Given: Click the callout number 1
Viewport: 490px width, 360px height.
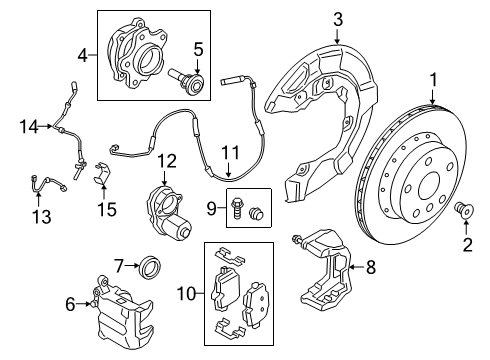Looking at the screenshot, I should pos(433,79).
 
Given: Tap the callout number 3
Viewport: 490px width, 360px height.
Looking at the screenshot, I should pos(338,18).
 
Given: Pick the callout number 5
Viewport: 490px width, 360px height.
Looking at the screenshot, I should pos(198,48).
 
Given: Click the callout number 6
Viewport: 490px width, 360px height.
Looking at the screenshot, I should pos(70,304).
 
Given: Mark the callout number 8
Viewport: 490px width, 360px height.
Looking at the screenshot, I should pos(370,267).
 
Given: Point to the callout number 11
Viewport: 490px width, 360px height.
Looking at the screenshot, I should pos(231,152).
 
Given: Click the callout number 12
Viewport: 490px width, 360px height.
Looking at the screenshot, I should pos(166,160).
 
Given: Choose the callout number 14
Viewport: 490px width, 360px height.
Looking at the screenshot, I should pos(27,125).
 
